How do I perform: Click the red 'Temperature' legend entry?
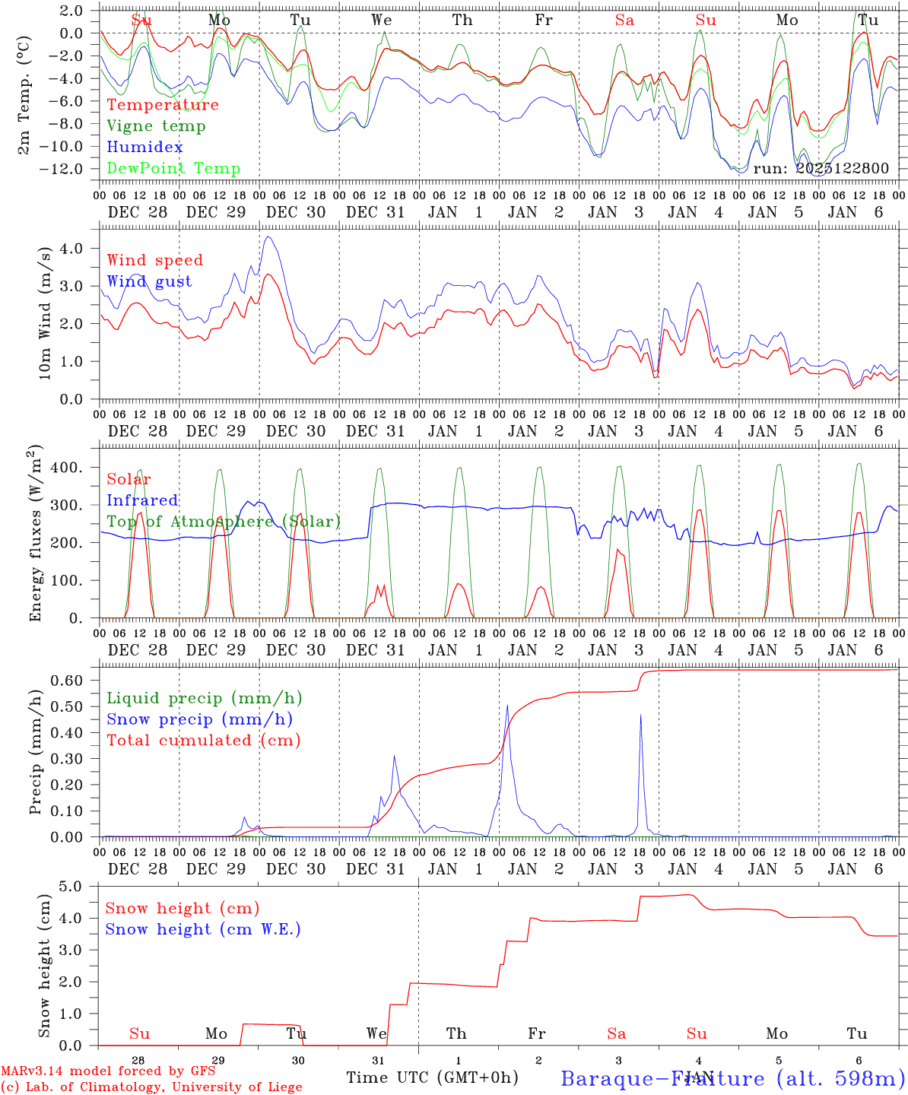(x=163, y=105)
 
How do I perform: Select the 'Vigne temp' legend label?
(x=156, y=126)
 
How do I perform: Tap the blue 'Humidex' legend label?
(x=144, y=148)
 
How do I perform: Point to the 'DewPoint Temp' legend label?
(x=173, y=169)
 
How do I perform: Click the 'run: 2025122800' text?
(x=821, y=169)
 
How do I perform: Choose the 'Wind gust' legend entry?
(x=149, y=281)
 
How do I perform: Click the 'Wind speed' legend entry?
(x=155, y=260)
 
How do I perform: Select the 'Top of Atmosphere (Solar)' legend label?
(x=224, y=522)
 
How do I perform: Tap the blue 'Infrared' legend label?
(x=142, y=500)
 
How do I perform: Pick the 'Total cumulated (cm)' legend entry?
(x=203, y=741)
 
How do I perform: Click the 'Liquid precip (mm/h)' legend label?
(x=204, y=698)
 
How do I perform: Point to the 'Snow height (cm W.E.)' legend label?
(x=203, y=929)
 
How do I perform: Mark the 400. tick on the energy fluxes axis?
(x=67, y=467)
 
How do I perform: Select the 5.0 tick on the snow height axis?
(x=72, y=886)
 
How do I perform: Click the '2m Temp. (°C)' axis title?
(x=24, y=94)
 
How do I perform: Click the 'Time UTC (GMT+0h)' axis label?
(x=432, y=1078)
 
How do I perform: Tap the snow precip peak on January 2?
(x=507, y=706)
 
